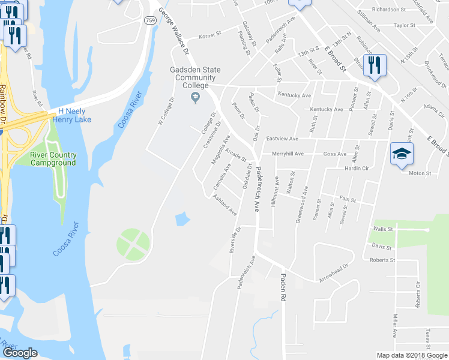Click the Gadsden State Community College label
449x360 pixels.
pyautogui.click(x=188, y=77)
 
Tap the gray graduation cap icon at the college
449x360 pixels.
pyautogui.click(x=194, y=97)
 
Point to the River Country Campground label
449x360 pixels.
pyautogui.click(x=53, y=159)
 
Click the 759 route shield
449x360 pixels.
pyautogui.click(x=150, y=20)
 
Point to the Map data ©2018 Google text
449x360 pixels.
pyautogui.click(x=412, y=355)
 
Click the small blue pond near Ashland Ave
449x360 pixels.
pyautogui.click(x=182, y=220)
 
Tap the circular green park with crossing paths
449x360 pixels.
pyautogui.click(x=133, y=245)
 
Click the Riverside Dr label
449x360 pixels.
pyautogui.click(x=235, y=240)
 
